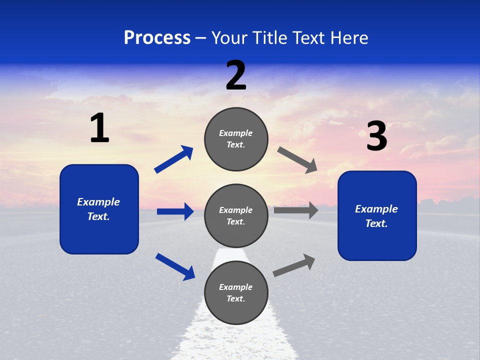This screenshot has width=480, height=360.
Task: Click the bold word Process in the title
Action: [157, 38]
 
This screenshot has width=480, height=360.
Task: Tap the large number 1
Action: [99, 128]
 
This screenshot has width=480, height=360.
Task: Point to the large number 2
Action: [236, 75]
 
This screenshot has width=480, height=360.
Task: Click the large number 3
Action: [376, 137]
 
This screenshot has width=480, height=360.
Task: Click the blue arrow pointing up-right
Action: [173, 159]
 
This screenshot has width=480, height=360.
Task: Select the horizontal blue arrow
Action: [175, 211]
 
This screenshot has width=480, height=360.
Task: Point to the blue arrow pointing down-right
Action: [175, 266]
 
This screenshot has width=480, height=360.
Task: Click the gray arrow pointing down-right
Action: [297, 160]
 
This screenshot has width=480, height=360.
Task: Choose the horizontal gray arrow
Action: [296, 210]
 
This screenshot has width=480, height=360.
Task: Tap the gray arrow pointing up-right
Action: [294, 265]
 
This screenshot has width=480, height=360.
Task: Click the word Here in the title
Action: [350, 38]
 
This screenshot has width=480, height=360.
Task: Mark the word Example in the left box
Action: [98, 202]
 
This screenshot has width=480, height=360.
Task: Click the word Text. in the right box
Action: [376, 223]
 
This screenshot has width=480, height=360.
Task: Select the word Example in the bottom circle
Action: [236, 287]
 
